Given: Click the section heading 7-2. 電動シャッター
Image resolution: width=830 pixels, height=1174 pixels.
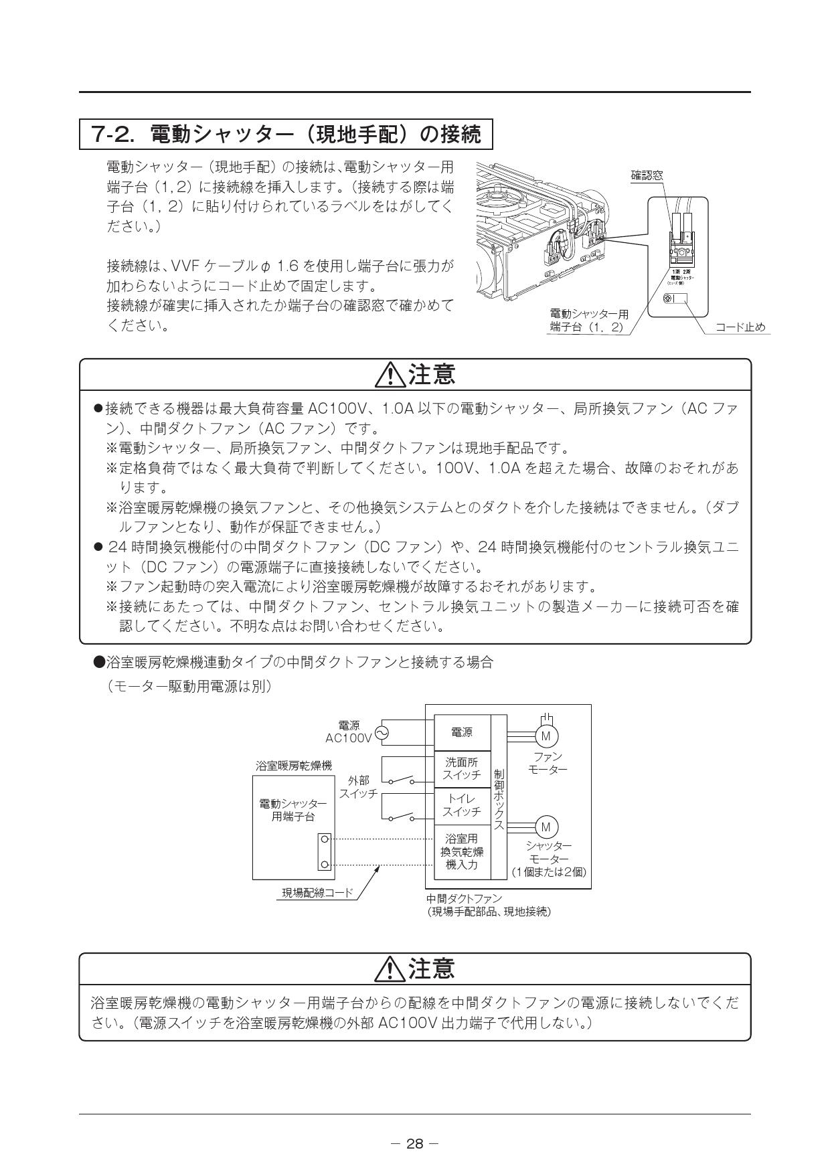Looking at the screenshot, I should pyautogui.click(x=286, y=135).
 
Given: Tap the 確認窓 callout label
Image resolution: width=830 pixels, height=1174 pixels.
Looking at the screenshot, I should pyautogui.click(x=647, y=176).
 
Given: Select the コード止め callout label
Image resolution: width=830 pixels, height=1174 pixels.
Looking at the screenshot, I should pyautogui.click(x=740, y=327).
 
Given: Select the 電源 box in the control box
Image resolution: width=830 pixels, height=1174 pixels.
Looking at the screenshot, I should pyautogui.click(x=462, y=733).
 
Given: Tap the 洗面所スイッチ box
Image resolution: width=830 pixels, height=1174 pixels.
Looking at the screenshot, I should pyautogui.click(x=462, y=769).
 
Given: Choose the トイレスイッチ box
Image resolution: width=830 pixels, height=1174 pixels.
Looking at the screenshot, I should pyautogui.click(x=462, y=805).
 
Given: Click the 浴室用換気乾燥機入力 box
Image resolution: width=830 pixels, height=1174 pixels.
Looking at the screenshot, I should pyautogui.click(x=462, y=851).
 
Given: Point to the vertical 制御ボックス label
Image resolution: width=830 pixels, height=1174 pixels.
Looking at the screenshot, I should pyautogui.click(x=499, y=799).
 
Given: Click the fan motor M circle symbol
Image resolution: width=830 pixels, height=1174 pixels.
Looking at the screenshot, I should pyautogui.click(x=546, y=737).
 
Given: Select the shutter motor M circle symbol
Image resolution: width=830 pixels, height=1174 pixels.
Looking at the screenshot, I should pyautogui.click(x=546, y=827).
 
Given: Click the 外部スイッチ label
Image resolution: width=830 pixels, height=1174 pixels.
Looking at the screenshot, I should pyautogui.click(x=358, y=787).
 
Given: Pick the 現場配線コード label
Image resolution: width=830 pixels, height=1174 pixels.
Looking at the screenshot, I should pyautogui.click(x=317, y=892).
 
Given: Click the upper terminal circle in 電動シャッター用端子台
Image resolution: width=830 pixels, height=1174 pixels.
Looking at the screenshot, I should pyautogui.click(x=325, y=839).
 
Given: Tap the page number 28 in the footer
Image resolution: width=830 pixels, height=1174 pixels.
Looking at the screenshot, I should pyautogui.click(x=415, y=1144).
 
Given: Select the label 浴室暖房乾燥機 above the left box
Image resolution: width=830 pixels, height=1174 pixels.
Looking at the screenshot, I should pyautogui.click(x=294, y=765).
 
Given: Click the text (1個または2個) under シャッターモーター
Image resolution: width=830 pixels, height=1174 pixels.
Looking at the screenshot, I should pyautogui.click(x=549, y=871).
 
